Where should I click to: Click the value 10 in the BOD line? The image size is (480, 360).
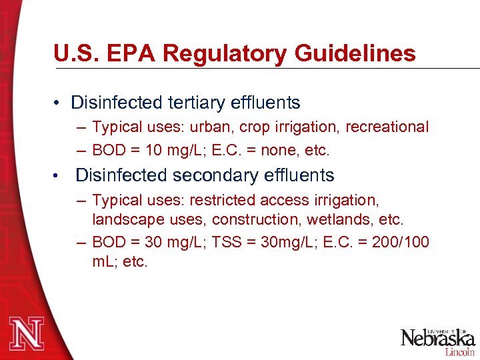[154, 151]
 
